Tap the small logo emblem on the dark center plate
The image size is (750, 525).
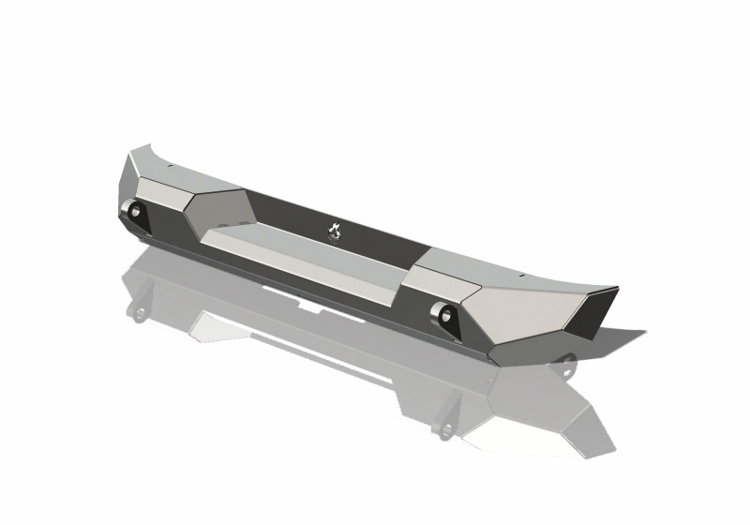(335, 230)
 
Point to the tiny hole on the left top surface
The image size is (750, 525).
(172, 164)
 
